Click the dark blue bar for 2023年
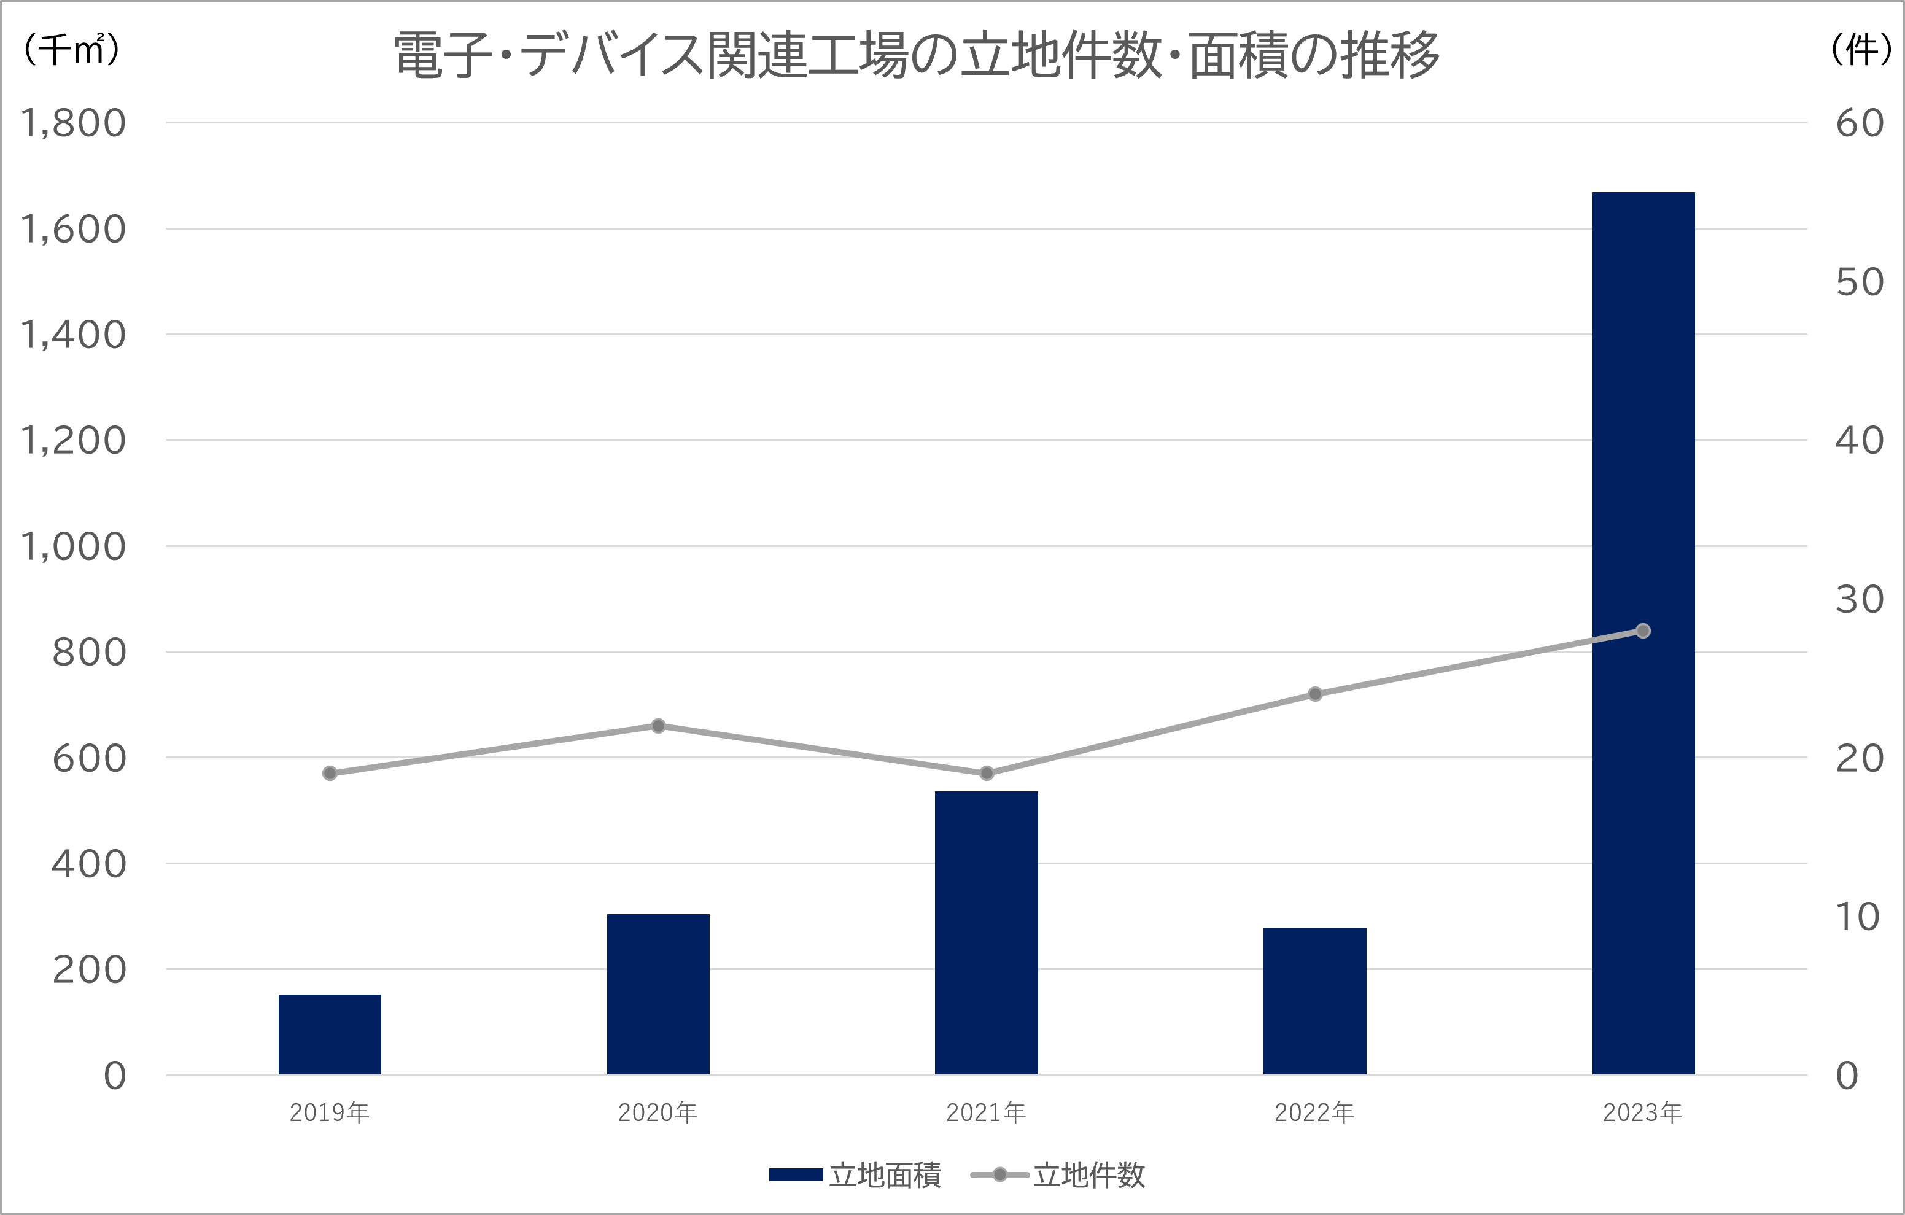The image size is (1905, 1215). (x=1642, y=633)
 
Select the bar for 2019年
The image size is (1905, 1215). (x=330, y=1034)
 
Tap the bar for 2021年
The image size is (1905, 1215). (x=986, y=933)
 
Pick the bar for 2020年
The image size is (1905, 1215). (x=658, y=995)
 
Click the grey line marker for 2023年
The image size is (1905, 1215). (x=1643, y=631)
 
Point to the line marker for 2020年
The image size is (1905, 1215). (x=658, y=725)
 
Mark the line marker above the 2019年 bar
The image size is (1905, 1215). (x=330, y=773)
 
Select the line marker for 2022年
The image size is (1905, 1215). (x=1315, y=694)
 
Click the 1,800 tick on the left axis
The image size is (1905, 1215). (x=73, y=123)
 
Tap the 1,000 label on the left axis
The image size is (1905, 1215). (x=73, y=546)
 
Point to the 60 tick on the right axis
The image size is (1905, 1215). (x=1859, y=123)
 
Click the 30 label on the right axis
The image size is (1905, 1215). (x=1859, y=600)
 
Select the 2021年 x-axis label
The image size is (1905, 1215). (x=986, y=1113)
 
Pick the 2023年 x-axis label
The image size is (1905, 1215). (x=1642, y=1113)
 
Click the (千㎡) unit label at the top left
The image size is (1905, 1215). (x=72, y=50)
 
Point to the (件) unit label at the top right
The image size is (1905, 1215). (x=1861, y=50)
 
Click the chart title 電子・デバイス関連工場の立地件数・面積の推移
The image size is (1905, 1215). (x=916, y=55)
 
